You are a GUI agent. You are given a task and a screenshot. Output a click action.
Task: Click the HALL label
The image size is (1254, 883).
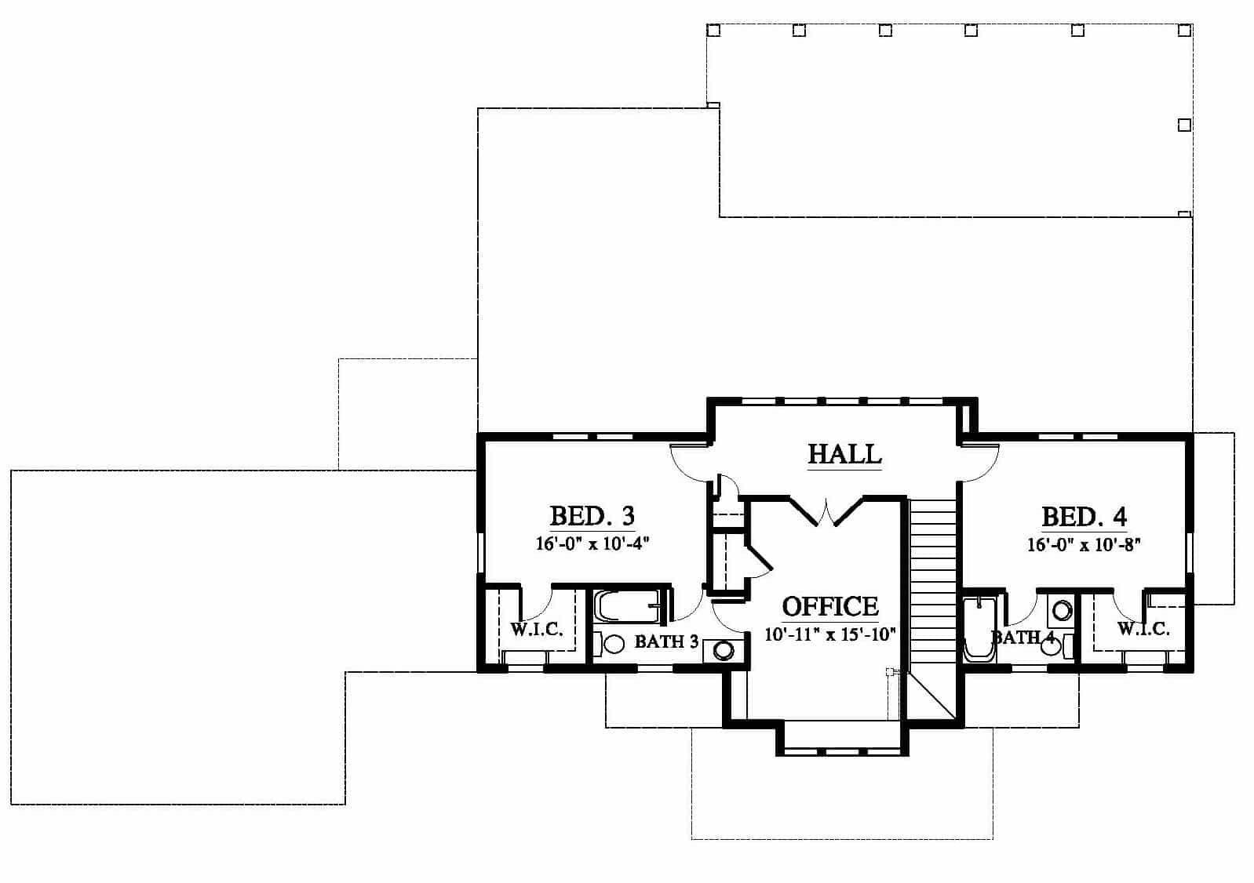point(845,454)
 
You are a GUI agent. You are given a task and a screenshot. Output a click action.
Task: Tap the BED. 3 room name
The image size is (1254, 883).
point(592,516)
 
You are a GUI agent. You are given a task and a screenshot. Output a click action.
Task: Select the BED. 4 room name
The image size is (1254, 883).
point(1084,517)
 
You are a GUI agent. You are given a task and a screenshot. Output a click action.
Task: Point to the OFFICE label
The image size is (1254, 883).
point(830,607)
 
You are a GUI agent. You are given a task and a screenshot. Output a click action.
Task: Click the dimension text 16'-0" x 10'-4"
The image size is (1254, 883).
point(592,543)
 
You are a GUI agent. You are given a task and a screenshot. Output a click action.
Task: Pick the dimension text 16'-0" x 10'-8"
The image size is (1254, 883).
point(1084,544)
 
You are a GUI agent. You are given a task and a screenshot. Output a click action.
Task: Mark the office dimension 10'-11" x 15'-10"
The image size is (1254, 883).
point(831,634)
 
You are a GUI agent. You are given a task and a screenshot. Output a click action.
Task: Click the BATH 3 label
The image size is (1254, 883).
point(666,641)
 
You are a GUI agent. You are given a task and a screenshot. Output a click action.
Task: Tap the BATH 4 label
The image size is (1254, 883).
point(1023,638)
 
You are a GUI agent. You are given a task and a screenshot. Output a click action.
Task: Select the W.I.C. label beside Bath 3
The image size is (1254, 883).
point(536,630)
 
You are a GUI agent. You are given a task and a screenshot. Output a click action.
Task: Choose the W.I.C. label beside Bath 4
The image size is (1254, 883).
point(1143,629)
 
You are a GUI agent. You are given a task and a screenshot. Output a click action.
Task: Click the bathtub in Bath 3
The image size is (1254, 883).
point(626,606)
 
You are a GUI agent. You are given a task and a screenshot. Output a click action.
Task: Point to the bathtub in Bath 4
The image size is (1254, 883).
point(979,630)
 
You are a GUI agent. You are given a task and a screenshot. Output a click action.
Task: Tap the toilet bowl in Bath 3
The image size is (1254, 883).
point(611,644)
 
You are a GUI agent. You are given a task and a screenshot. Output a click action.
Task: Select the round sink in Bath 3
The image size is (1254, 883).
point(724,651)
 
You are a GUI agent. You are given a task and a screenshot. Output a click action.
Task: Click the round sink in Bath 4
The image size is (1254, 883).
point(1062,610)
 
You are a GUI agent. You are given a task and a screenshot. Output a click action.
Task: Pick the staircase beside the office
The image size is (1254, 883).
point(932,582)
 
